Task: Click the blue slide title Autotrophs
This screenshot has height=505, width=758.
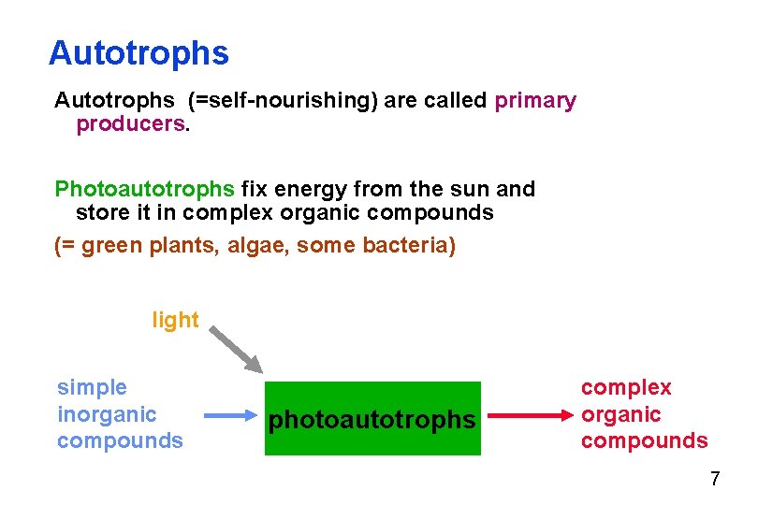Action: click(x=138, y=53)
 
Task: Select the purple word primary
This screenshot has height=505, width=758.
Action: click(x=535, y=100)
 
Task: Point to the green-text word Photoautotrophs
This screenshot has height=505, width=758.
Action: click(x=145, y=189)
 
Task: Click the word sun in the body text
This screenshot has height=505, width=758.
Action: click(x=471, y=189)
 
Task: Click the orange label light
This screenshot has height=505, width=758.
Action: click(x=175, y=320)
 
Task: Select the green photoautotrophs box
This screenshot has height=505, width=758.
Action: click(x=372, y=418)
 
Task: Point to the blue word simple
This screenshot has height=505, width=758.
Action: click(x=92, y=387)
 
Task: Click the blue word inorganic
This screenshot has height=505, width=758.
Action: click(x=107, y=413)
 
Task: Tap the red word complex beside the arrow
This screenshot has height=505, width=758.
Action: click(x=626, y=387)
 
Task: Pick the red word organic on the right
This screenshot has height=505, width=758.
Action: click(x=620, y=414)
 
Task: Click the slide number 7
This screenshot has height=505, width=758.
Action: click(x=715, y=480)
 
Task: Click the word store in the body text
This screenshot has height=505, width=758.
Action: click(x=102, y=212)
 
